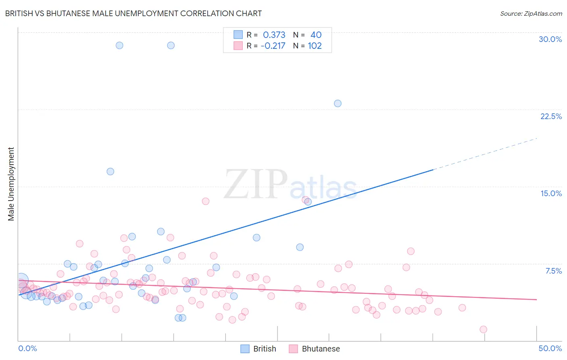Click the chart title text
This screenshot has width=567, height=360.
(133, 13)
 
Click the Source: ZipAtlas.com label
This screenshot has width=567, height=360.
(531, 13)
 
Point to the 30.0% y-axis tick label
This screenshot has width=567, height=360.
(550, 39)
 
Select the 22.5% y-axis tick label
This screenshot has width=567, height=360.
(551, 116)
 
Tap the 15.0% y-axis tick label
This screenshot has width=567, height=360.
(551, 193)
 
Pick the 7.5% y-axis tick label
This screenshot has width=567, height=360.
(553, 271)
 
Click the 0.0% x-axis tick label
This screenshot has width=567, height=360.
(28, 348)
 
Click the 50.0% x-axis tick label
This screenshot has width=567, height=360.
(550, 348)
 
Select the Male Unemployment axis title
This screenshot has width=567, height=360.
(11, 184)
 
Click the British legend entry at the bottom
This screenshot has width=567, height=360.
(258, 349)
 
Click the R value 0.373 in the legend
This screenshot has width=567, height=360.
(274, 35)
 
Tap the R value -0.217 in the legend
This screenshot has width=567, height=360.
(273, 46)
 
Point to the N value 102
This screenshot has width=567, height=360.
(315, 46)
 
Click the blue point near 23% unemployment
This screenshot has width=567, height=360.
(338, 103)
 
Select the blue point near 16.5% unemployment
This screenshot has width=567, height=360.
(110, 172)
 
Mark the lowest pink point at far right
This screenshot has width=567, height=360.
(483, 329)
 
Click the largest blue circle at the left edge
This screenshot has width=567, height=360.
(21, 280)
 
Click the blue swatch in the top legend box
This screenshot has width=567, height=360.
(238, 35)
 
